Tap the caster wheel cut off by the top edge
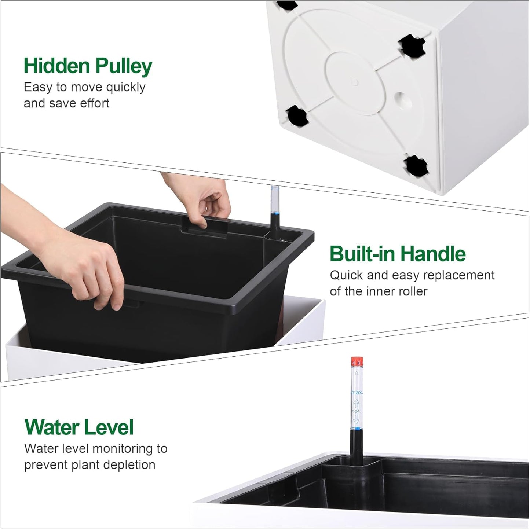287,5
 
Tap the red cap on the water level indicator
357,361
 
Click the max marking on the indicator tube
357,393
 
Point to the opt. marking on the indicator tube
356,411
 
